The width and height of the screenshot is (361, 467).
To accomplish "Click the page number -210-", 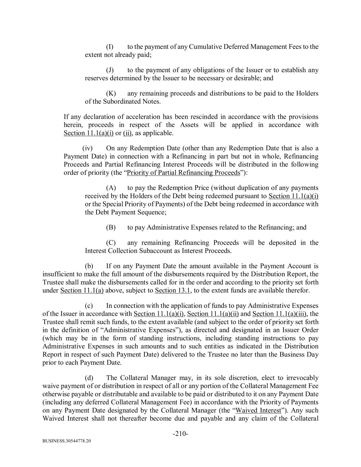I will point(180,434).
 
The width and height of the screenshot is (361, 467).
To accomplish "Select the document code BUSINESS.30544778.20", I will point(67,441).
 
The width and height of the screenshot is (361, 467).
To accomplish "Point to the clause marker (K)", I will point(111,93).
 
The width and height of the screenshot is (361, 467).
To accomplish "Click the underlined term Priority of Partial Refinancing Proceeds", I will point(183,172).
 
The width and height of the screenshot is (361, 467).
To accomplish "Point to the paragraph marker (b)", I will point(89,266).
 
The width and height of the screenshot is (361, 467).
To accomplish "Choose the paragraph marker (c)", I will point(89,306).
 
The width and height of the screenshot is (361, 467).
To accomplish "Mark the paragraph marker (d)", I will point(89,378).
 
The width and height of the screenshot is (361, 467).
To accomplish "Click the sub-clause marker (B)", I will point(111,227).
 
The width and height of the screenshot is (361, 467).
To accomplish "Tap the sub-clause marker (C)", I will point(111,243).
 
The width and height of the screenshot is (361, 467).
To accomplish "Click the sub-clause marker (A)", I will point(111,187).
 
